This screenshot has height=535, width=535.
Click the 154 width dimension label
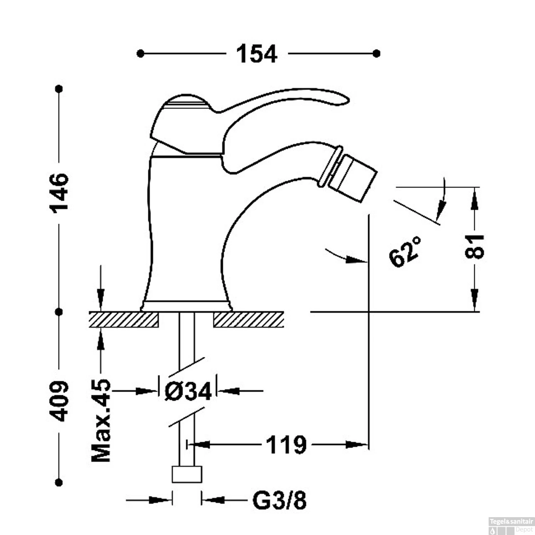pos(257,54)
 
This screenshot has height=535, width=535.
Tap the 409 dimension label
pos(60,401)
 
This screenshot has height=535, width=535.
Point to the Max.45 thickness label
pos(101,421)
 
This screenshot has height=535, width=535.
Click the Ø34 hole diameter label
pos(188,391)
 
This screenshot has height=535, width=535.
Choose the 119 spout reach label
pos(286,445)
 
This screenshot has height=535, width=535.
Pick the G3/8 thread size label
pos(280,500)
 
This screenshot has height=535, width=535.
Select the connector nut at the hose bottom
pos(187,474)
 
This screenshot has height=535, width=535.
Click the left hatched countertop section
pos(124,320)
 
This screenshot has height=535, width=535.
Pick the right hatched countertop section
pos(249,320)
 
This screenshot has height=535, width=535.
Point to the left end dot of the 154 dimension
pos(141,53)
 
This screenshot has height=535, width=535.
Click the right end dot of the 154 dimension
pos(376,53)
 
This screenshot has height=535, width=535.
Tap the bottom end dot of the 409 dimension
pos(60,483)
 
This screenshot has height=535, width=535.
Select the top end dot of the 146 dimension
pos(60,88)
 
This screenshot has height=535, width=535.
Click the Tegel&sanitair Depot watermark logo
pos(511,526)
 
